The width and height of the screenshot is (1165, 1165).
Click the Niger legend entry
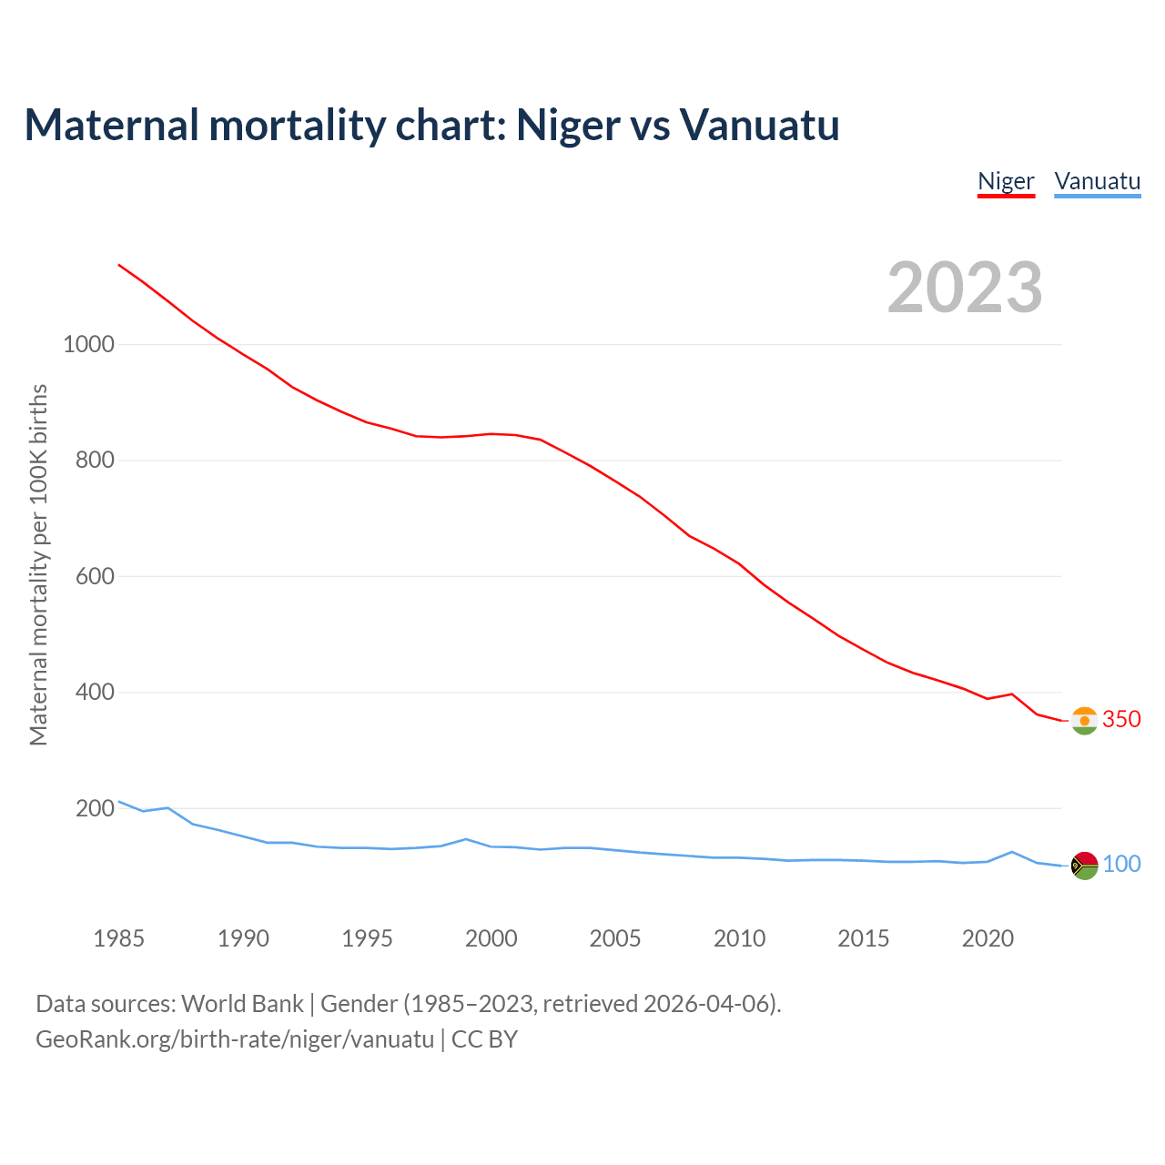point(1006,181)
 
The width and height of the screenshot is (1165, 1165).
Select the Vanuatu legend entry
point(1097,181)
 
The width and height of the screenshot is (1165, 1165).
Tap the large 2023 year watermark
point(965,288)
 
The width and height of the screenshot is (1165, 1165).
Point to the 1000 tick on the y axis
point(88,344)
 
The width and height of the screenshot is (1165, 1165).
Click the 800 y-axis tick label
point(95,461)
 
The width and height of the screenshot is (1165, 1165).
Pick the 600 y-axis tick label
point(95,576)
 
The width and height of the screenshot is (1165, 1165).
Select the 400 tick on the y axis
point(95,693)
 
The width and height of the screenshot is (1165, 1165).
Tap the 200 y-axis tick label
point(95,808)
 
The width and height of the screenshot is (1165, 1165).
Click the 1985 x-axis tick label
point(119,938)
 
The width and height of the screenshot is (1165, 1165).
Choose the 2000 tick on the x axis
point(491,938)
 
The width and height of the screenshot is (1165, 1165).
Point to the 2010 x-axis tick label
point(739,938)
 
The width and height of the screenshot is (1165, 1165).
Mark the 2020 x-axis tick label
point(988,938)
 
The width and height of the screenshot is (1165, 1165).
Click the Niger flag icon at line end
point(1084,721)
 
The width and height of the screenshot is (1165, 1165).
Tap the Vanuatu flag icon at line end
point(1084,866)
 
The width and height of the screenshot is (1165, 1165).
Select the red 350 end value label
point(1121,719)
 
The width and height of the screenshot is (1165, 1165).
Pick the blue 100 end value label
point(1121,864)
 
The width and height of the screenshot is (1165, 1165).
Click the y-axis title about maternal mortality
point(38,564)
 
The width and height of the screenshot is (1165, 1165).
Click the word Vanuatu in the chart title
point(759,125)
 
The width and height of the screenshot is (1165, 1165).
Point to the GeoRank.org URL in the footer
point(235,1039)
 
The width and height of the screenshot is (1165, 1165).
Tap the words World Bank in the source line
point(242,1004)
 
